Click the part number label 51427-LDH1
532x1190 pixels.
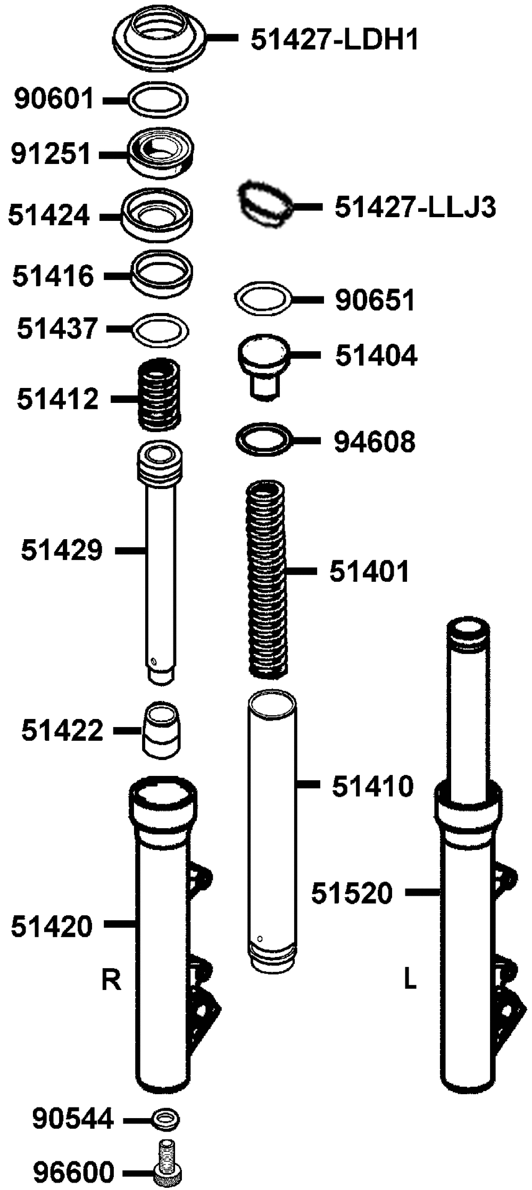tap(335, 39)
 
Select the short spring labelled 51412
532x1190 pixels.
tap(159, 394)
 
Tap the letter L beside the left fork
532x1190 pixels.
tap(410, 978)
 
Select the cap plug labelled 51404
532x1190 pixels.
tap(264, 366)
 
